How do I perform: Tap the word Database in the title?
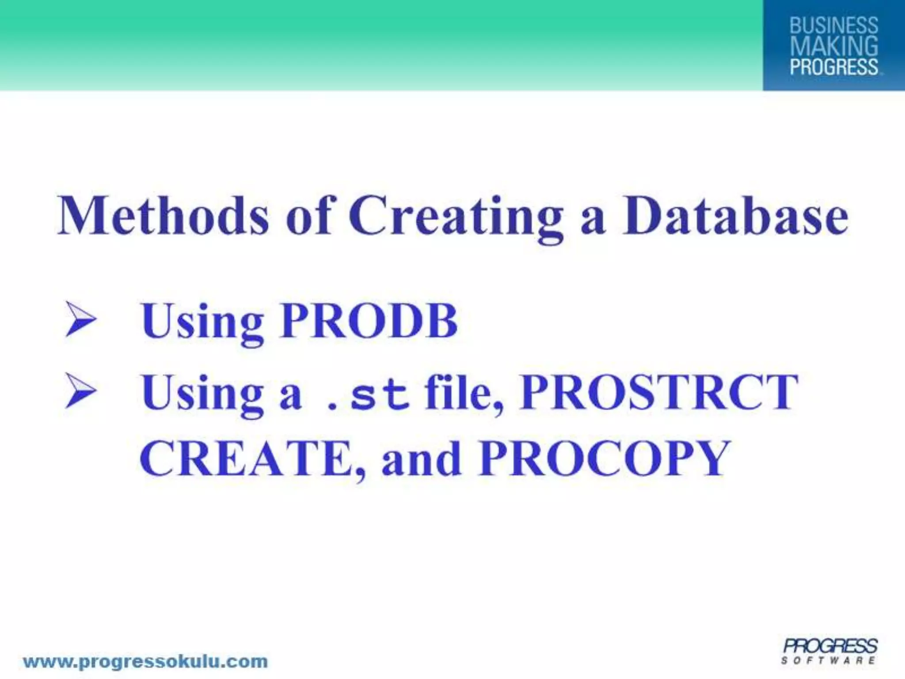[x=735, y=217]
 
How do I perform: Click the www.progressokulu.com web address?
[x=145, y=650]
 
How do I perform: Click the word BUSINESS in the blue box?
[x=833, y=26]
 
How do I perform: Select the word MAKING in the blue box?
[x=833, y=46]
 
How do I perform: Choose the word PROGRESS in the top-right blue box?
[x=833, y=67]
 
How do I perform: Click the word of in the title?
[x=308, y=217]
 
